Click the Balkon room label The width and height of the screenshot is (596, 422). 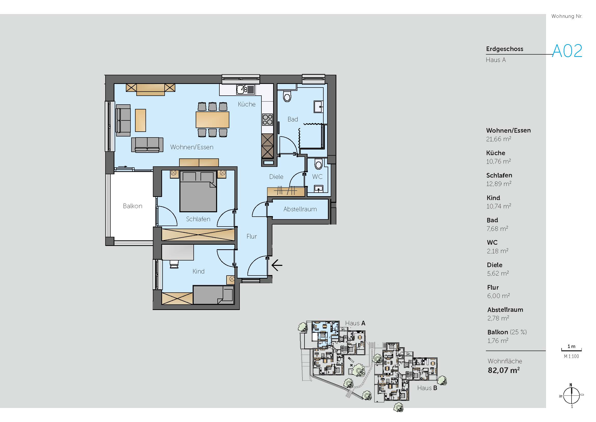click(x=133, y=206)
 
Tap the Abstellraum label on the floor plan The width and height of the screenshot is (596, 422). click(x=300, y=209)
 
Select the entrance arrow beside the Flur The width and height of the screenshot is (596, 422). click(x=277, y=265)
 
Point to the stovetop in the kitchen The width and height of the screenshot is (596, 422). click(x=267, y=120)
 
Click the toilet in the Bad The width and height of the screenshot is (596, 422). click(x=287, y=96)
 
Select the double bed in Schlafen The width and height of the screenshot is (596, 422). click(x=198, y=192)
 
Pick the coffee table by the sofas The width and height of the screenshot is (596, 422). click(x=140, y=120)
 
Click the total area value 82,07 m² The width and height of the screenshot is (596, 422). click(x=504, y=370)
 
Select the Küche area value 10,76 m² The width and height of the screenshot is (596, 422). click(x=498, y=161)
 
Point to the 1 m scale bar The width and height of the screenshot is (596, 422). click(x=571, y=350)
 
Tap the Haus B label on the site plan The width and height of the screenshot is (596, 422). click(x=427, y=388)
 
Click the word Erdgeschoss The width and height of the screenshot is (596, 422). click(x=505, y=49)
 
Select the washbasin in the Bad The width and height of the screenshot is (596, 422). click(x=319, y=107)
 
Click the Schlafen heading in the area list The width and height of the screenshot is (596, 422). click(x=499, y=175)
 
